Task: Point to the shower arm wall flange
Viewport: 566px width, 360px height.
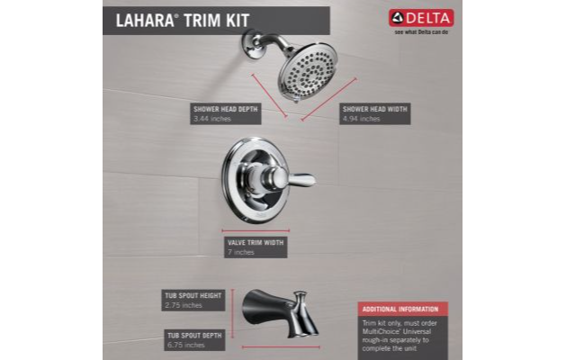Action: pyautogui.click(x=250, y=40)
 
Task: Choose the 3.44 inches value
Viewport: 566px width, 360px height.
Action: pyautogui.click(x=211, y=119)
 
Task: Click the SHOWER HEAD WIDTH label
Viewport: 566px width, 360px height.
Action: pyautogui.click(x=374, y=108)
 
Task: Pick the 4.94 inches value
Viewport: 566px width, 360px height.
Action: pyautogui.click(x=360, y=119)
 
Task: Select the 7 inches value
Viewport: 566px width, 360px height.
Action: pyautogui.click(x=241, y=253)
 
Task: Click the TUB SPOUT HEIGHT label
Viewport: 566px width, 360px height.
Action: pyautogui.click(x=193, y=294)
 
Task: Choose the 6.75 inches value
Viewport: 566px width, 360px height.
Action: pyautogui.click(x=184, y=346)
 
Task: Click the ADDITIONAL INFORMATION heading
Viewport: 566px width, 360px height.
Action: pyautogui.click(x=400, y=309)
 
